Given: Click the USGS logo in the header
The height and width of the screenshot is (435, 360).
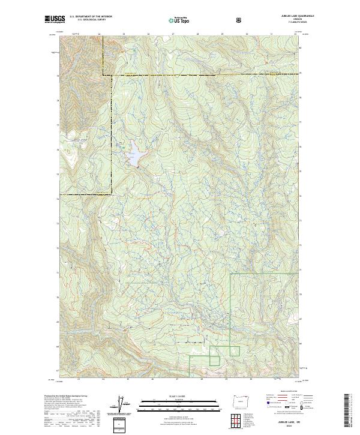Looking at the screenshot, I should (x=55, y=20).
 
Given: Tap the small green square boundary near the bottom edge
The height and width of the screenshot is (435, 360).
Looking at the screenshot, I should (x=214, y=359).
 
